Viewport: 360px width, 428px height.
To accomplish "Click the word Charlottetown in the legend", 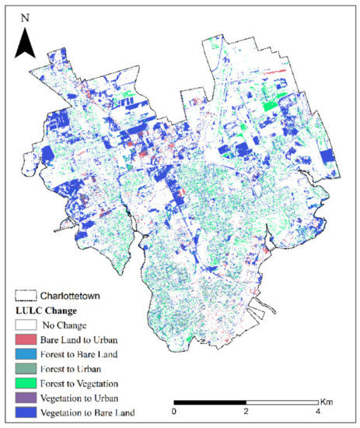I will pyautogui.click(x=75, y=296).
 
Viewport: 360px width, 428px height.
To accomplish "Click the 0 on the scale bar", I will pyautogui.click(x=174, y=411).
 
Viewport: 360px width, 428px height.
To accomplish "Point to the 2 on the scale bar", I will pyautogui.click(x=246, y=411).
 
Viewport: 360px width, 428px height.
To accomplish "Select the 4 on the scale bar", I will pyautogui.click(x=318, y=411).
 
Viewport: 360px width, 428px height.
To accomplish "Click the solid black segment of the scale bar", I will pyautogui.click(x=210, y=402).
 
